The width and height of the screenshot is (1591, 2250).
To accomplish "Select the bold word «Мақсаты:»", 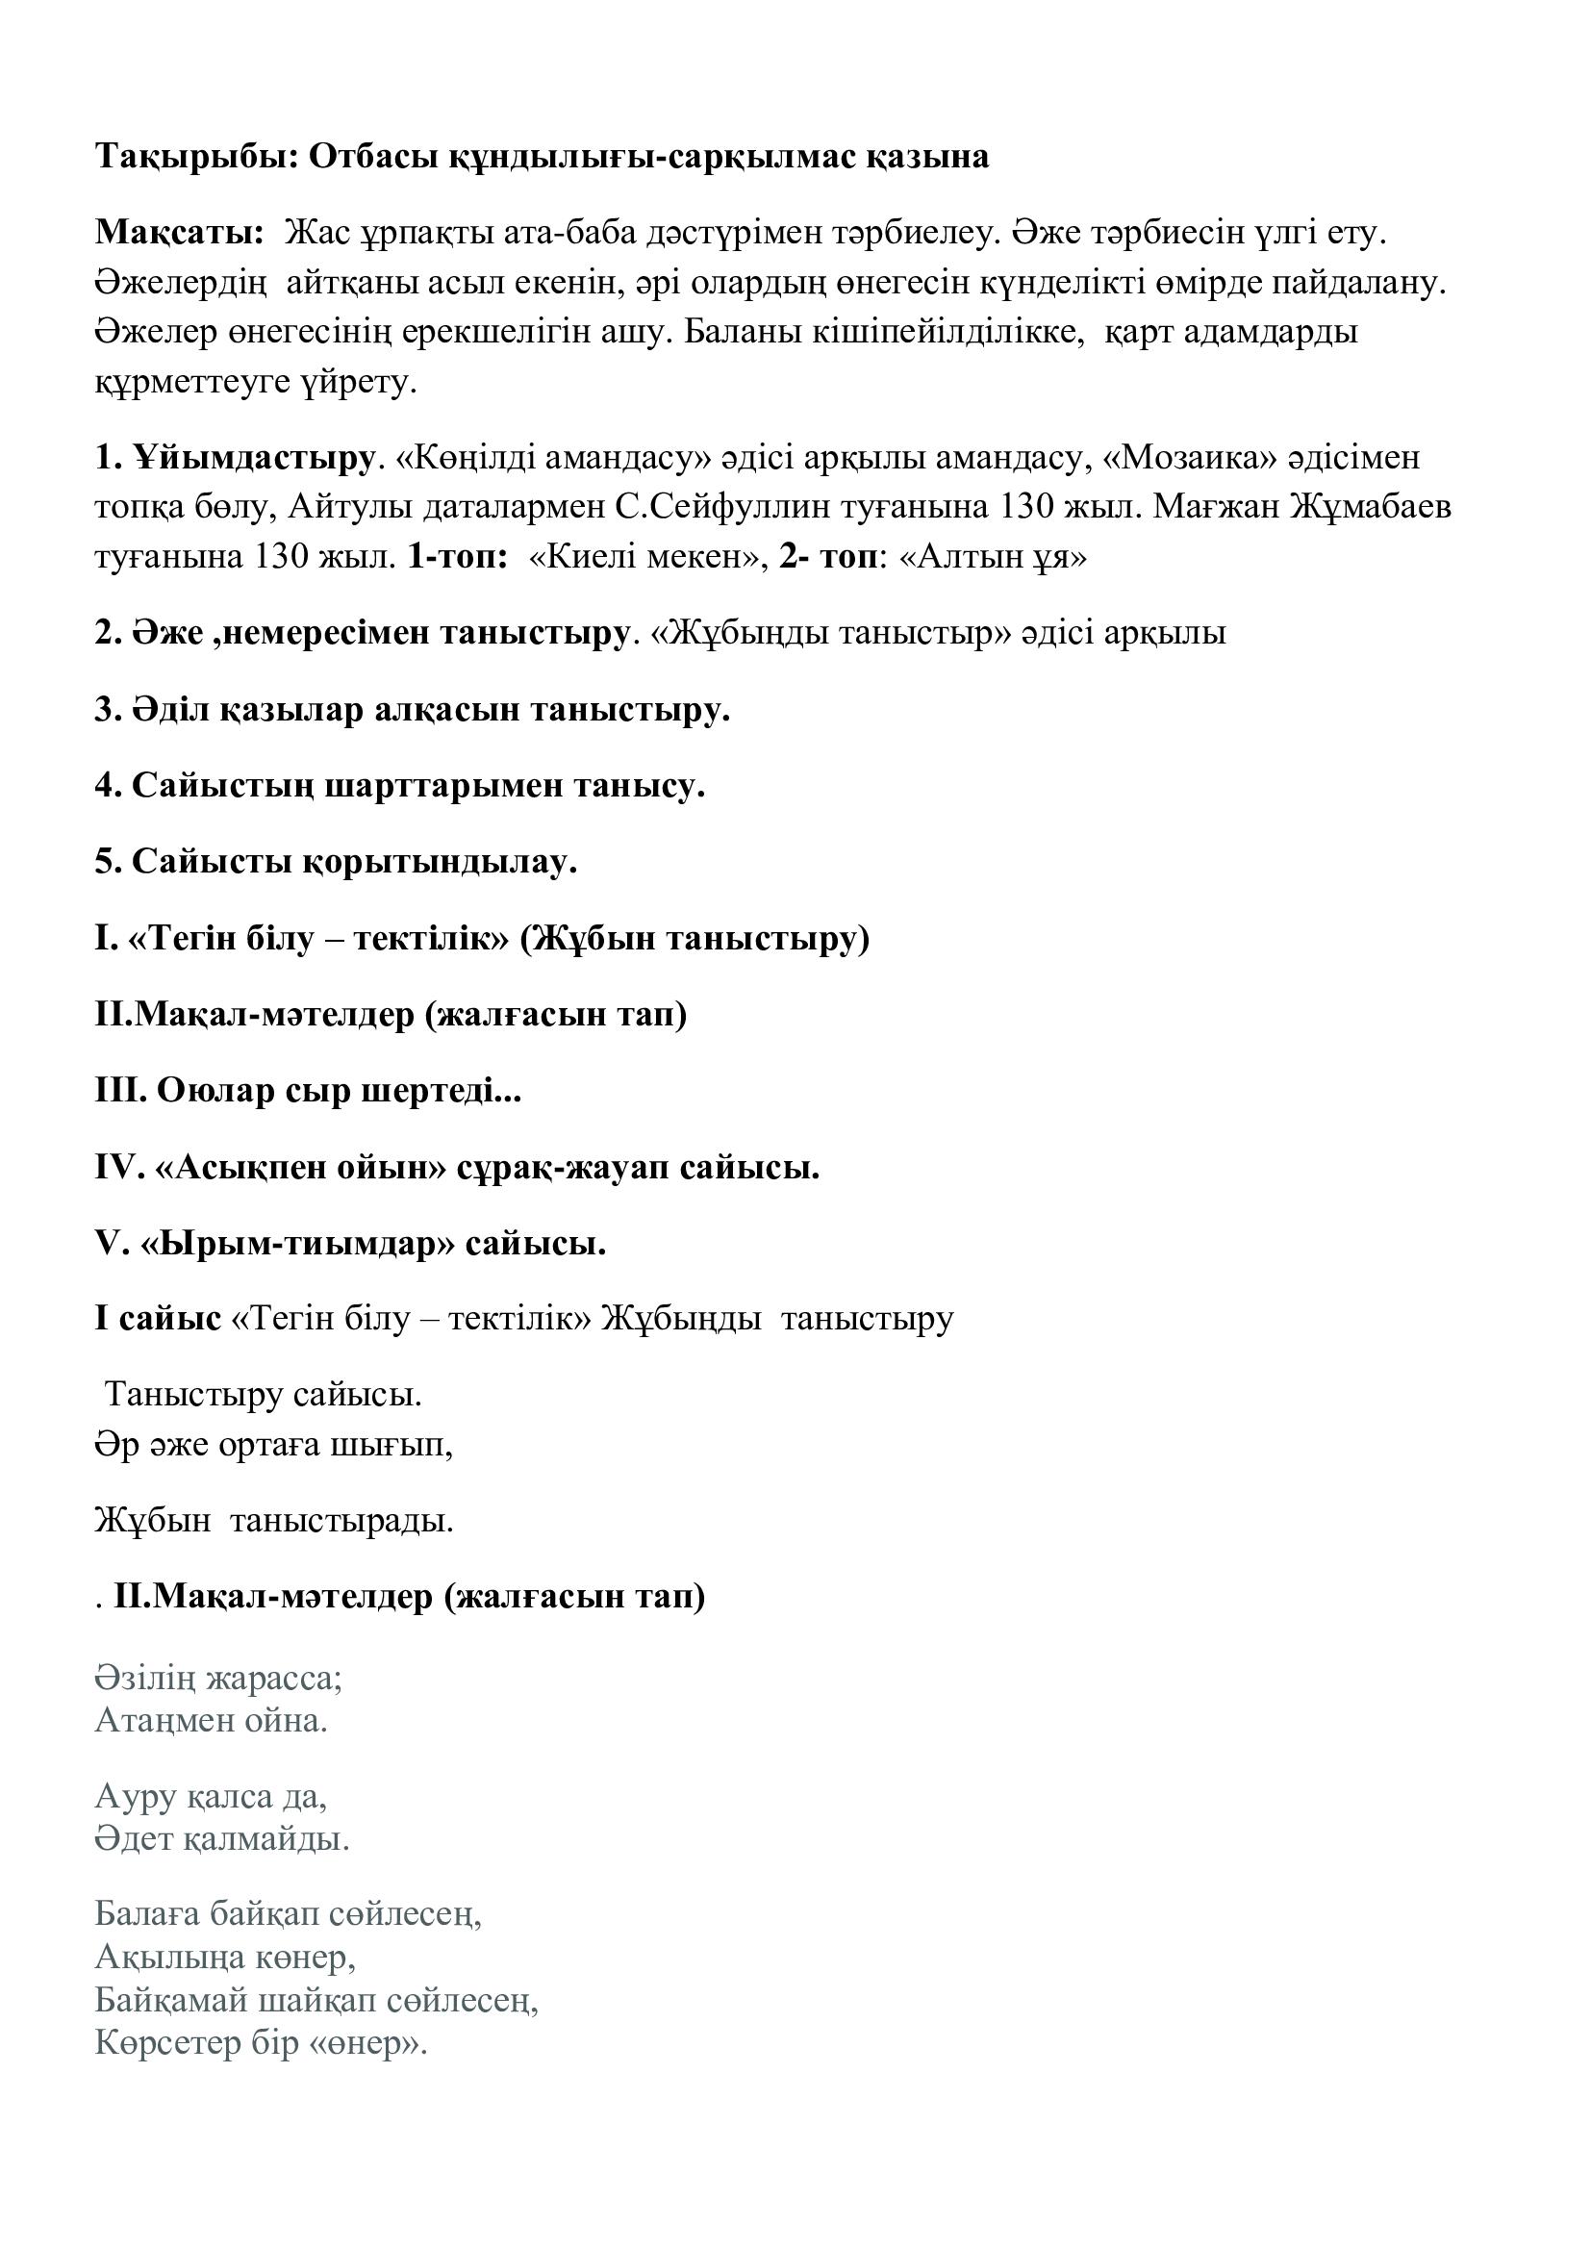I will pos(179,233).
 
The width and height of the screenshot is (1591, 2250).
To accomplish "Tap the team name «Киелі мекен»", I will pos(648,558).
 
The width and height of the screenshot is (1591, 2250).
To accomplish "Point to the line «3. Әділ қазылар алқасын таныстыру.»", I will pos(413,710).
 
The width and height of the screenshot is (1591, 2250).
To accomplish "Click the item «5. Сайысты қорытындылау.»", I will pos(336,862).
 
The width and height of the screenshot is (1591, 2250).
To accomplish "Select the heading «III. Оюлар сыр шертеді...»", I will pos(308,1091).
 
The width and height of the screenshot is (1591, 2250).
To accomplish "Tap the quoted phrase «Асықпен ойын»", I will pos(301,1167).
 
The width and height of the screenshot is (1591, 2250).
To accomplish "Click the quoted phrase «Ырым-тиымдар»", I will pos(299,1244).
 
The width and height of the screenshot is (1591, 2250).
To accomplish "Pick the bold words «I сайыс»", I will pos(158,1319).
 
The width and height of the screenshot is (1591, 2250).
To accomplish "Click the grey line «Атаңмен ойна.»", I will pos(212,1721).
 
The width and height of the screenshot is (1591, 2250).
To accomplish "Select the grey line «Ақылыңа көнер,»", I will pos(225,1957).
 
